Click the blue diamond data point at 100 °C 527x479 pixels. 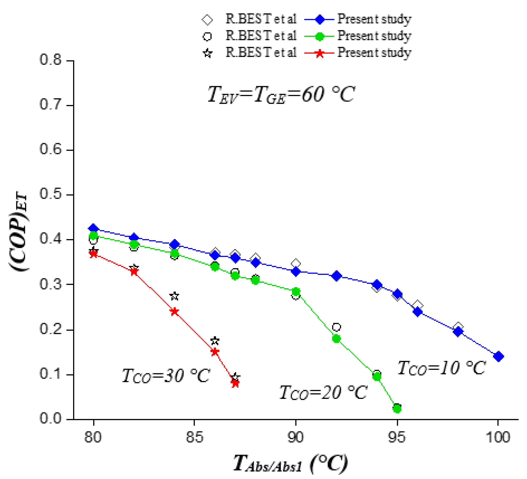(x=498, y=356)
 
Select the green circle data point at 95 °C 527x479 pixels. (x=397, y=408)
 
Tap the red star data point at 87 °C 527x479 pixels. (x=235, y=384)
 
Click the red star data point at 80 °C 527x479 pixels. (x=93, y=254)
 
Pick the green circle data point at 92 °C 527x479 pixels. (x=336, y=339)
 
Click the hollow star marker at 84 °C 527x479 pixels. (x=174, y=296)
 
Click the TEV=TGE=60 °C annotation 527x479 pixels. (x=281, y=95)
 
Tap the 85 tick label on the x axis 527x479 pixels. (x=194, y=437)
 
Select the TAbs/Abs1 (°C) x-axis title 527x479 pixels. (x=290, y=464)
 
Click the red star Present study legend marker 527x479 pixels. (x=319, y=53)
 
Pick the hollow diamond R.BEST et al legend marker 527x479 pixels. (x=207, y=20)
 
